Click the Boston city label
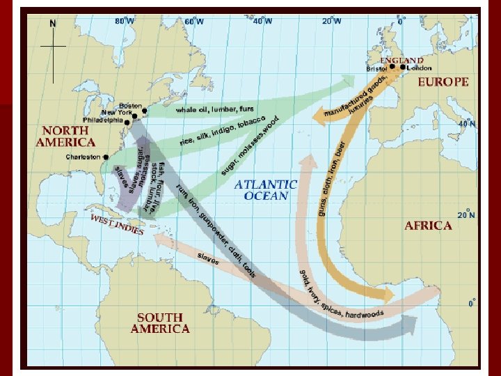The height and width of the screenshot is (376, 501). point(130,106)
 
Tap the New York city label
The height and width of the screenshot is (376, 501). point(116,113)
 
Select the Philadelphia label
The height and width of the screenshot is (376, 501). point(102,120)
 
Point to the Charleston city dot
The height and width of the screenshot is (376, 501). point(105,157)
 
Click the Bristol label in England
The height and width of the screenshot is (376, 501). point(376,68)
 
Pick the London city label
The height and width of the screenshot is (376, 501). point(419,68)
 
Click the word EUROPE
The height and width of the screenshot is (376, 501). point(443,81)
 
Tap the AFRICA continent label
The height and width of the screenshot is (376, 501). point(428,226)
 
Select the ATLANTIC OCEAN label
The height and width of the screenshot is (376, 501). point(265,190)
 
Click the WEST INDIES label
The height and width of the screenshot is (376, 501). point(116,224)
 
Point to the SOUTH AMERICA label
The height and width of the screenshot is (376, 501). point(159,322)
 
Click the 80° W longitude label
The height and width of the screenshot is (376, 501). point(125,21)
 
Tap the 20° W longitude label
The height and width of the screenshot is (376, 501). point(332,21)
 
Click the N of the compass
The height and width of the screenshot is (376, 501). point(53,23)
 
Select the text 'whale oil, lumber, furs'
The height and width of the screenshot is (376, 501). point(214,109)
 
